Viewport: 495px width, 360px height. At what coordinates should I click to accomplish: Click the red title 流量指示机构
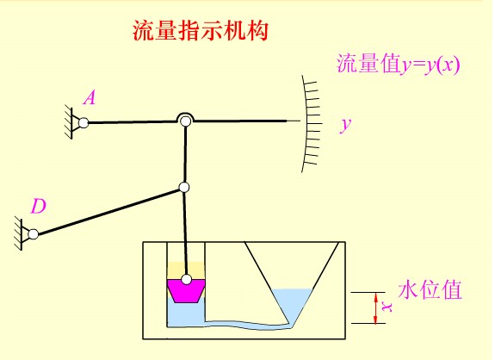tap(200, 31)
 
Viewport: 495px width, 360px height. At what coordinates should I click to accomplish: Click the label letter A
tap(90, 97)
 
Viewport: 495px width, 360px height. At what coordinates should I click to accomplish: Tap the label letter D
tap(39, 206)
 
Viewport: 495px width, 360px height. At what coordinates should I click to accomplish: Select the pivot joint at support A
tap(84, 122)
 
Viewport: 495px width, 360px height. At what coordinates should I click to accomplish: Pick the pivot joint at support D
tap(34, 234)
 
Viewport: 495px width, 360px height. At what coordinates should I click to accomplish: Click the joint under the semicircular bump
tap(185, 121)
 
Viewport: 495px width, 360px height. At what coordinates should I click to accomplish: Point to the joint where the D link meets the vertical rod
tap(184, 188)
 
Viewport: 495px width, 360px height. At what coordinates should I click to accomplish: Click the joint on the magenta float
tap(187, 279)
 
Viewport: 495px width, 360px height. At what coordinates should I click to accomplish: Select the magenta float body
tap(186, 291)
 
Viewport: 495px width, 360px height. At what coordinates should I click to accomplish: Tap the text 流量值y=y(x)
tap(399, 64)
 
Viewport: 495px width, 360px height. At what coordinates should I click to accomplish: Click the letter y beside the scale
tap(346, 125)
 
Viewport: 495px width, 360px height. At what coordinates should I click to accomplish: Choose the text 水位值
tap(430, 289)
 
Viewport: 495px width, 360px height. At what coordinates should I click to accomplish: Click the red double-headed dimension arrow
tap(375, 308)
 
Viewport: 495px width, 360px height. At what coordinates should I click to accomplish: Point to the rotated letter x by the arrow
tap(387, 307)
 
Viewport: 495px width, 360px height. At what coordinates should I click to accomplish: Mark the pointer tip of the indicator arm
tap(300, 121)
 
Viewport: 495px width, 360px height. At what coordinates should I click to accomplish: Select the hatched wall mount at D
tap(20, 234)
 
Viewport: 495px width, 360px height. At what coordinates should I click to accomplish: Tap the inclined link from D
tap(108, 211)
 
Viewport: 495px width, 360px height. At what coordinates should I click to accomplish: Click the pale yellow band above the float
tap(186, 270)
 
